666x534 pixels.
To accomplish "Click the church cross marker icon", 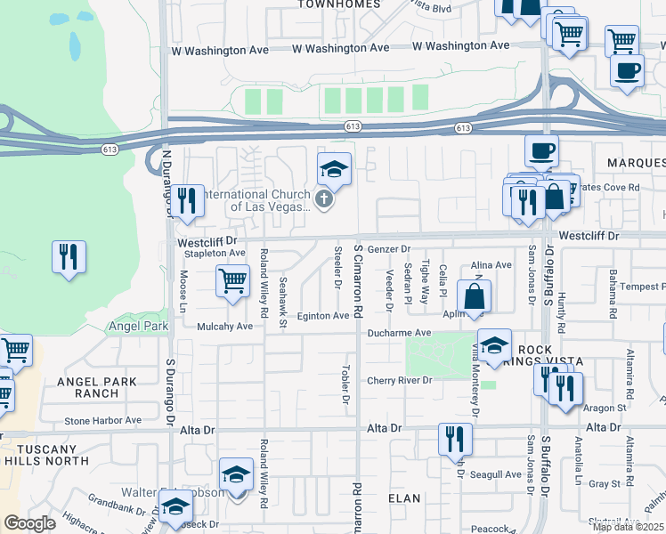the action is point(324,199).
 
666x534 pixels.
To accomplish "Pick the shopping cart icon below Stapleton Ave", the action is point(232,280).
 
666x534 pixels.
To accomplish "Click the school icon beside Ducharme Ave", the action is point(494,344).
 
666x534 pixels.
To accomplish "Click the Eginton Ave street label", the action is point(323,316).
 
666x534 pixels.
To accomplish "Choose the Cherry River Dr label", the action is point(400,381).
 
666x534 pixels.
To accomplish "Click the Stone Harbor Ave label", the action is point(102,420).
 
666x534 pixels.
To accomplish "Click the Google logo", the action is point(29,524).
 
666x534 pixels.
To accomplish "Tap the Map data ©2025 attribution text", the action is point(628,527).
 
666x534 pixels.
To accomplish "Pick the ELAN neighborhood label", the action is point(404,498).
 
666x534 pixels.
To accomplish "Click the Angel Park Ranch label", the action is point(96,388).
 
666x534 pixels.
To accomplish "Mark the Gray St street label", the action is point(604,484).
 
